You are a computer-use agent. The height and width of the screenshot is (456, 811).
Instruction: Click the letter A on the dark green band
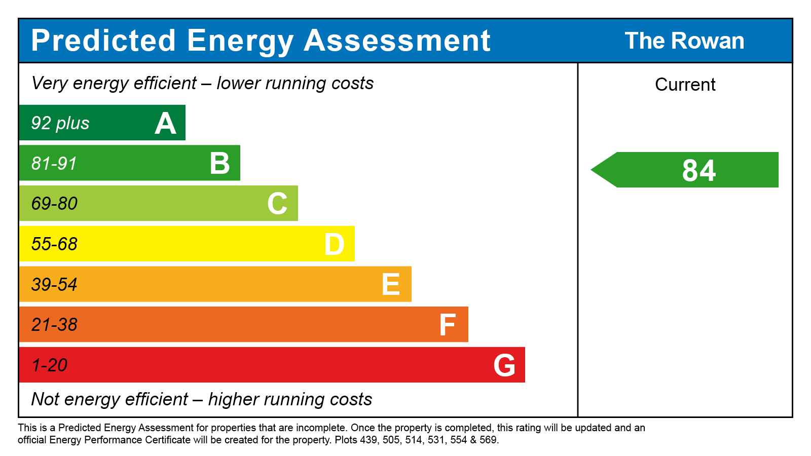tap(165, 124)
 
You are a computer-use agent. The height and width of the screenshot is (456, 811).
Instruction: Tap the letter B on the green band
tap(220, 164)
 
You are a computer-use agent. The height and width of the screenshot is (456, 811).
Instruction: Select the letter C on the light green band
tap(277, 204)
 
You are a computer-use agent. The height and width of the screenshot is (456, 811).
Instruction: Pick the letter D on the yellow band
tap(335, 244)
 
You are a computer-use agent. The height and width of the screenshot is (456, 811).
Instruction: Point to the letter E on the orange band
tap(391, 284)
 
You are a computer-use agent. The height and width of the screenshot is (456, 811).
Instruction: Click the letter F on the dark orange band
tap(448, 325)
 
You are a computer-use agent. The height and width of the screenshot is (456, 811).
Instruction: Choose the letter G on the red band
tap(504, 365)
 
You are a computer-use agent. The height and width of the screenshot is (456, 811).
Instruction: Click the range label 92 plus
tap(60, 123)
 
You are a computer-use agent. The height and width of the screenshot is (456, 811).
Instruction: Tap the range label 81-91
tap(54, 164)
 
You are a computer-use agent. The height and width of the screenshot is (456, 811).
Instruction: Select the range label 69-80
tap(54, 204)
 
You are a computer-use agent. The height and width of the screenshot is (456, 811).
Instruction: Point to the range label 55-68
tap(54, 244)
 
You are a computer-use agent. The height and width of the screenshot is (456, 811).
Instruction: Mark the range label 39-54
tap(54, 285)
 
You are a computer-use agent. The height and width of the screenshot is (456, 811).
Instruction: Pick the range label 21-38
tap(54, 325)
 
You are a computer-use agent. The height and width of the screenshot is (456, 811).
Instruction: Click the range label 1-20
tap(49, 365)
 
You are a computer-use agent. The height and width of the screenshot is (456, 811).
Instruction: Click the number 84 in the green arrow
tap(699, 170)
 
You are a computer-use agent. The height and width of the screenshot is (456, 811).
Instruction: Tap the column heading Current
tap(685, 85)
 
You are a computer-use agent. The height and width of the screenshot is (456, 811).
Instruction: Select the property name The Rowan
tap(684, 41)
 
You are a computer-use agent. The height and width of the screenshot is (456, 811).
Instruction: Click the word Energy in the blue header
tap(240, 41)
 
